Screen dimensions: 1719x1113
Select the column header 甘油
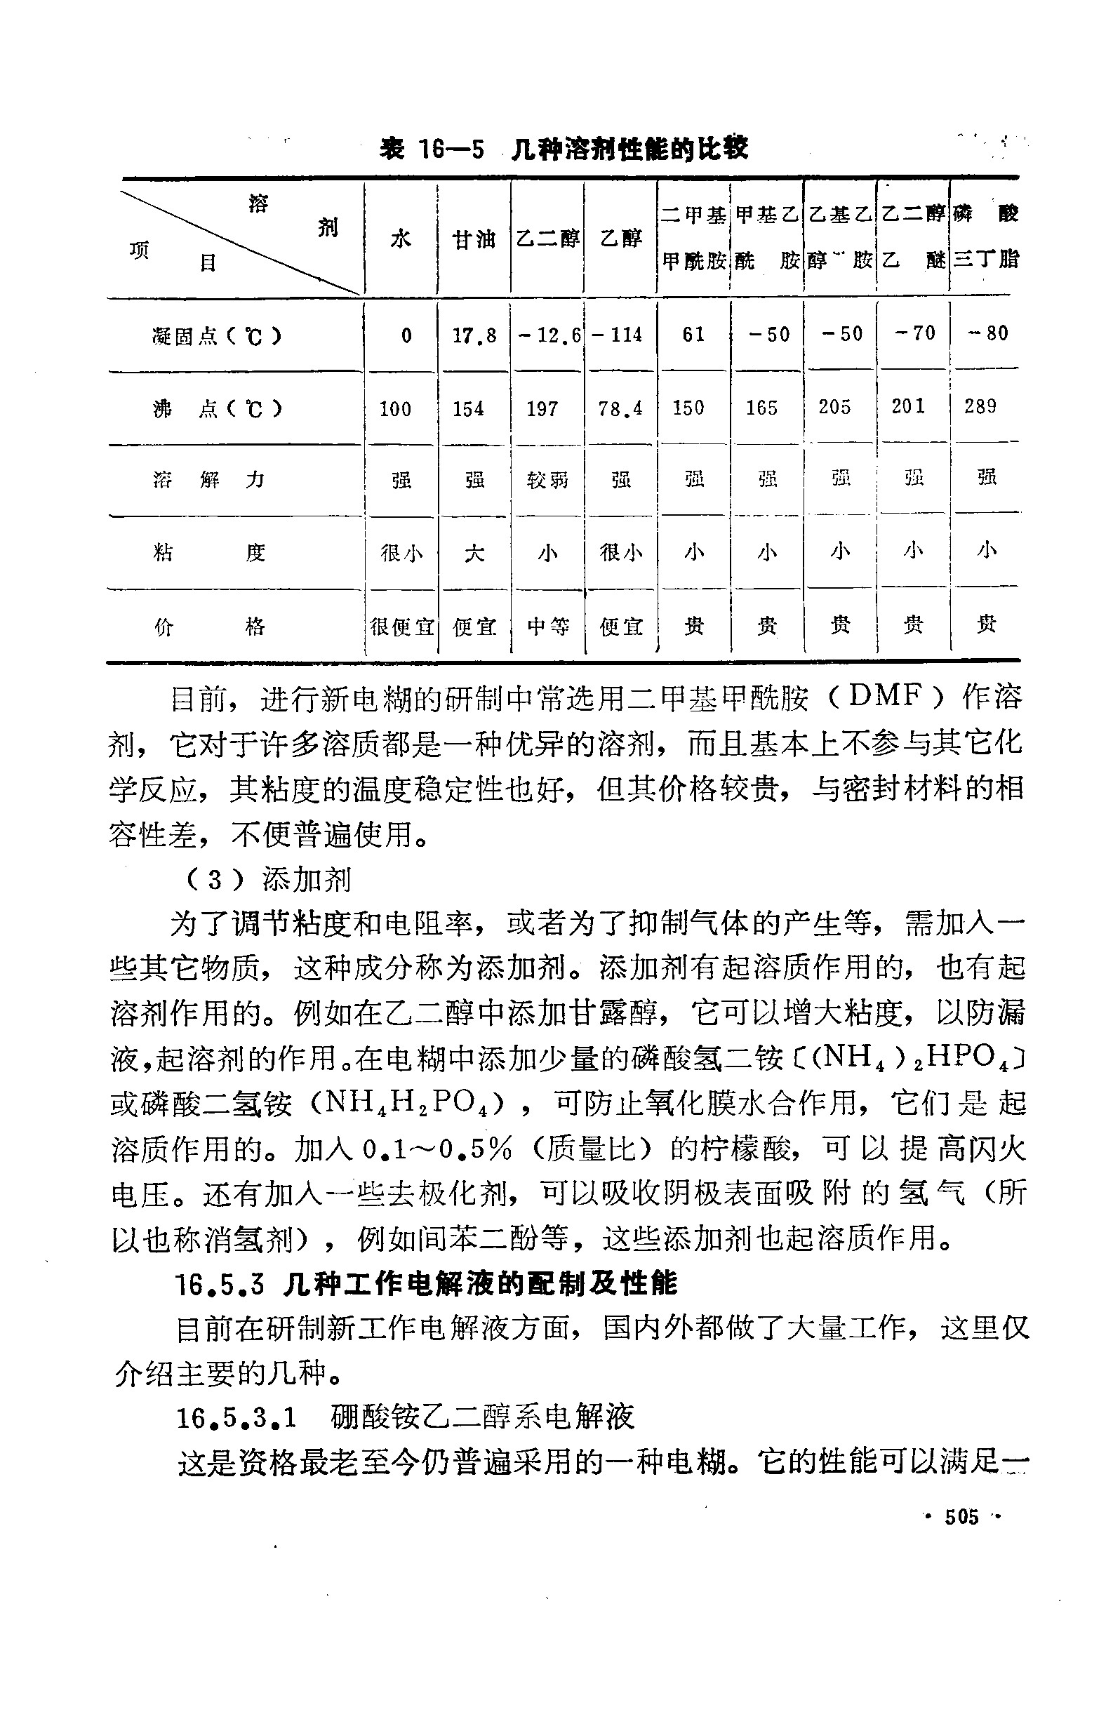(x=473, y=239)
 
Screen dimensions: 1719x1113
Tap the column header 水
(x=401, y=239)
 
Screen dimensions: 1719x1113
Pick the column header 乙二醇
(x=547, y=239)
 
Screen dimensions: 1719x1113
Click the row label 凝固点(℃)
(x=217, y=336)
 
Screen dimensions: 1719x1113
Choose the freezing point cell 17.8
(x=474, y=335)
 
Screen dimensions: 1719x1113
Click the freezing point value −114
(x=618, y=335)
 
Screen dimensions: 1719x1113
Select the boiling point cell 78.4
(x=620, y=409)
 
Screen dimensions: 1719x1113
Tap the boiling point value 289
(x=980, y=406)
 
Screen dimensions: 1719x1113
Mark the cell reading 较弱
(x=547, y=481)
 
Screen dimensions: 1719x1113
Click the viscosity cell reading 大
(x=474, y=554)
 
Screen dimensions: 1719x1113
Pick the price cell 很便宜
(x=401, y=626)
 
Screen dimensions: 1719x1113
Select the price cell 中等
(x=547, y=626)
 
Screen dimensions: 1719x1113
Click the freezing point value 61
(x=693, y=334)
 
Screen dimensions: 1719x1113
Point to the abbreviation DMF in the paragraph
(x=886, y=695)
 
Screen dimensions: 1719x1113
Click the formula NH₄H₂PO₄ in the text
(x=408, y=1102)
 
